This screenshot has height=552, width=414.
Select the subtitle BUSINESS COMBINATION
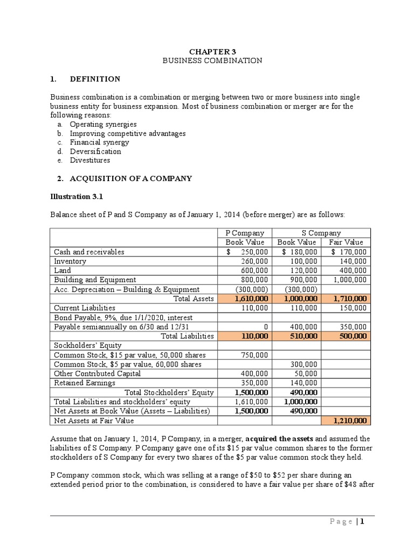[x=212, y=60]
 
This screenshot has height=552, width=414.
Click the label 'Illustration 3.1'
[x=77, y=197]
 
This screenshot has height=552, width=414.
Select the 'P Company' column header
[x=245, y=233]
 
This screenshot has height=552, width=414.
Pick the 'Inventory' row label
[x=70, y=261]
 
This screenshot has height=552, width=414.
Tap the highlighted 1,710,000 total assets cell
[x=349, y=298]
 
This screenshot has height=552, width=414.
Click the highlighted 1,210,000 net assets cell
[x=349, y=420]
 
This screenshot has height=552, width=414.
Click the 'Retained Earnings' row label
[x=85, y=383]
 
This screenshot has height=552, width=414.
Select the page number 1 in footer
[x=363, y=521]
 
